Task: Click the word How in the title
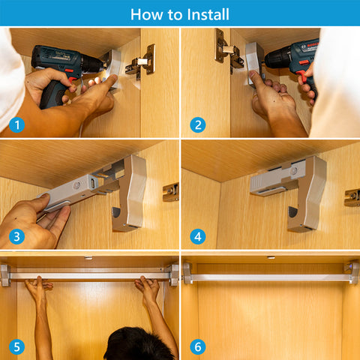146,14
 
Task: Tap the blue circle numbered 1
16,124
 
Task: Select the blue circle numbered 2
198,124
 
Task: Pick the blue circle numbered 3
16,236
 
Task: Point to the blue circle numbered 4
198,236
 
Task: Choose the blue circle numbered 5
16,347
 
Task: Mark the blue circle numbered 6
198,347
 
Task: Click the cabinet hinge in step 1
141,62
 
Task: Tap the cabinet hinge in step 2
229,51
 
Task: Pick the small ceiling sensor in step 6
271,257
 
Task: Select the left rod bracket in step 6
187,273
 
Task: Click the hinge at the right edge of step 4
352,197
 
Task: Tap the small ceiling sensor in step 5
88,257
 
